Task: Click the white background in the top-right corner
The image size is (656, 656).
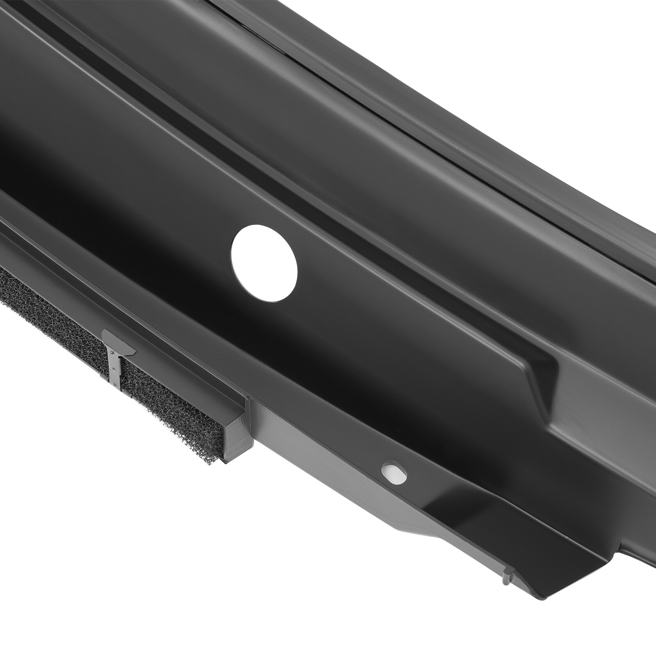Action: [594, 41]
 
